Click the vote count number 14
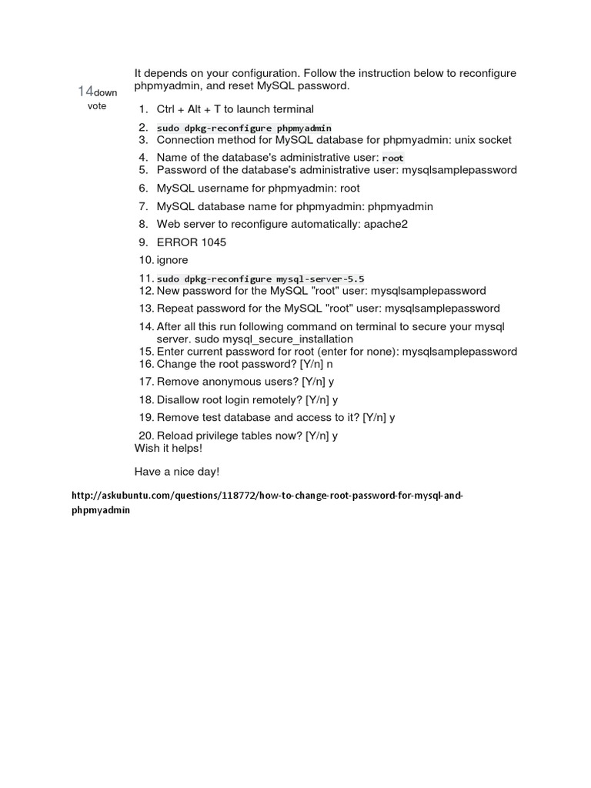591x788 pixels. click(85, 92)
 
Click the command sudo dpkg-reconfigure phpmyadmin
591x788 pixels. click(244, 128)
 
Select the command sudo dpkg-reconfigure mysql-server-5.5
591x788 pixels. click(260, 279)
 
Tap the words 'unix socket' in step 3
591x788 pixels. click(483, 140)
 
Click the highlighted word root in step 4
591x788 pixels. click(393, 158)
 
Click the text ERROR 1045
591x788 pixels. click(192, 242)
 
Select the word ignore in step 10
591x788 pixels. click(172, 260)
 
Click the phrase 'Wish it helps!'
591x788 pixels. click(169, 448)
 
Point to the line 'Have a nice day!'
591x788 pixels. click(177, 471)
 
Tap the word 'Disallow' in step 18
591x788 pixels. click(178, 399)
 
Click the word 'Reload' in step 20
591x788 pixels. click(175, 435)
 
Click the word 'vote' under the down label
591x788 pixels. click(97, 106)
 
